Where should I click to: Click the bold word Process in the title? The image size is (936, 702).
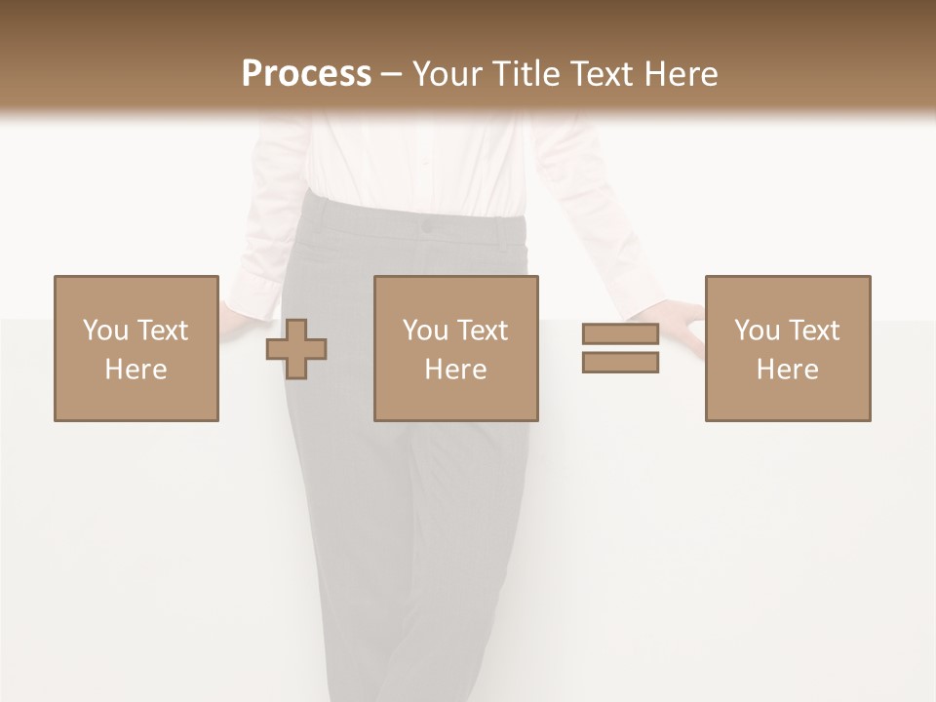(x=306, y=74)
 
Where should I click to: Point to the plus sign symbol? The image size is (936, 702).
(x=296, y=349)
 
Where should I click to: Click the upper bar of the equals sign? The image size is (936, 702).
(x=620, y=334)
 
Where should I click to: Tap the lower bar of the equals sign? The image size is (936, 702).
(x=620, y=363)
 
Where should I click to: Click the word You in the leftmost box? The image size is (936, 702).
(x=103, y=331)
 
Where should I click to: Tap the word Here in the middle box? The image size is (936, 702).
(x=455, y=370)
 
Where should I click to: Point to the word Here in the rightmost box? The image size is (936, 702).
(x=787, y=370)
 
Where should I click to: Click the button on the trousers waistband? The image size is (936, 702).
(x=426, y=226)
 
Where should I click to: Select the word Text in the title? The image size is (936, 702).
(x=599, y=74)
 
